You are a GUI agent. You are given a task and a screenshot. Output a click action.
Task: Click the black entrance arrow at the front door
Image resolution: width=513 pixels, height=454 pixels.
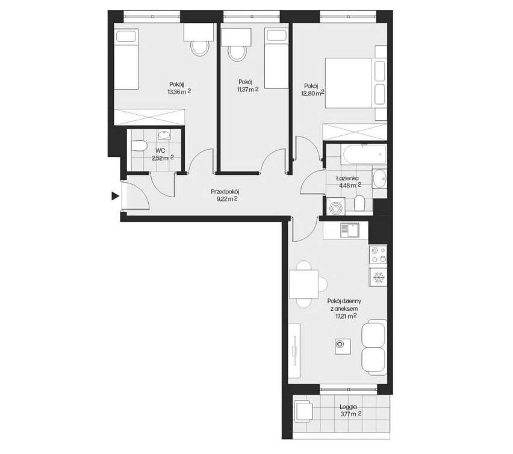114,195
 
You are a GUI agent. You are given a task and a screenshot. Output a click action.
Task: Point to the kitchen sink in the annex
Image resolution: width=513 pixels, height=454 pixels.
349,230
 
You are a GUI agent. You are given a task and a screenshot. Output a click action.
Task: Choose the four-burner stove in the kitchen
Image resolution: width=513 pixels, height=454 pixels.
378,255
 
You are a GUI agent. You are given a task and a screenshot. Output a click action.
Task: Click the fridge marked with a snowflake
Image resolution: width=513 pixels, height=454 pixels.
378,278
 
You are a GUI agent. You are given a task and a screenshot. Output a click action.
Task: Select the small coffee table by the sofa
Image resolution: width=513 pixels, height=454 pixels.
341,345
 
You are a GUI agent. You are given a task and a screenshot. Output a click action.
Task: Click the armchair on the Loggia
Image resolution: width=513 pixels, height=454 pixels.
304,413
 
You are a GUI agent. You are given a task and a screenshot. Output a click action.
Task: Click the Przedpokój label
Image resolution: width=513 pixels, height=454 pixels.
225,192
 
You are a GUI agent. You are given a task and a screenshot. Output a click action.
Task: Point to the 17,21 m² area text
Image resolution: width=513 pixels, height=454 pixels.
344,316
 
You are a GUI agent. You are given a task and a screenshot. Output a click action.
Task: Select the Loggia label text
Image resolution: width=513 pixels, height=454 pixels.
348,406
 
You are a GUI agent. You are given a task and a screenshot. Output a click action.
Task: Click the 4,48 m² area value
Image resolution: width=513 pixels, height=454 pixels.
347,185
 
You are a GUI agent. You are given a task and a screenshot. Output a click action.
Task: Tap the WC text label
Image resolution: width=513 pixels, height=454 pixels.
160,150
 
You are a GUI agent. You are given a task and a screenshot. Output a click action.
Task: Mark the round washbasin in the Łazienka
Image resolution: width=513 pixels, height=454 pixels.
379,177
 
